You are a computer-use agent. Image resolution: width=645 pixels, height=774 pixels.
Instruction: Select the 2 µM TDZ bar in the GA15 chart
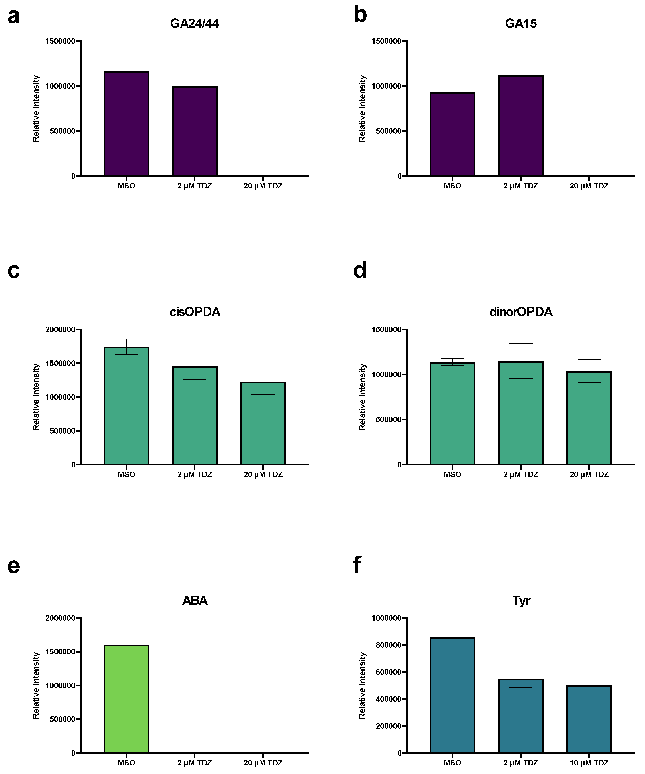point(521,126)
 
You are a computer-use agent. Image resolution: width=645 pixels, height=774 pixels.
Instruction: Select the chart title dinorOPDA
point(521,312)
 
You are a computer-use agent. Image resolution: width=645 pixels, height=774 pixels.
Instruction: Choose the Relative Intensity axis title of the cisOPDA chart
point(36,397)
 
